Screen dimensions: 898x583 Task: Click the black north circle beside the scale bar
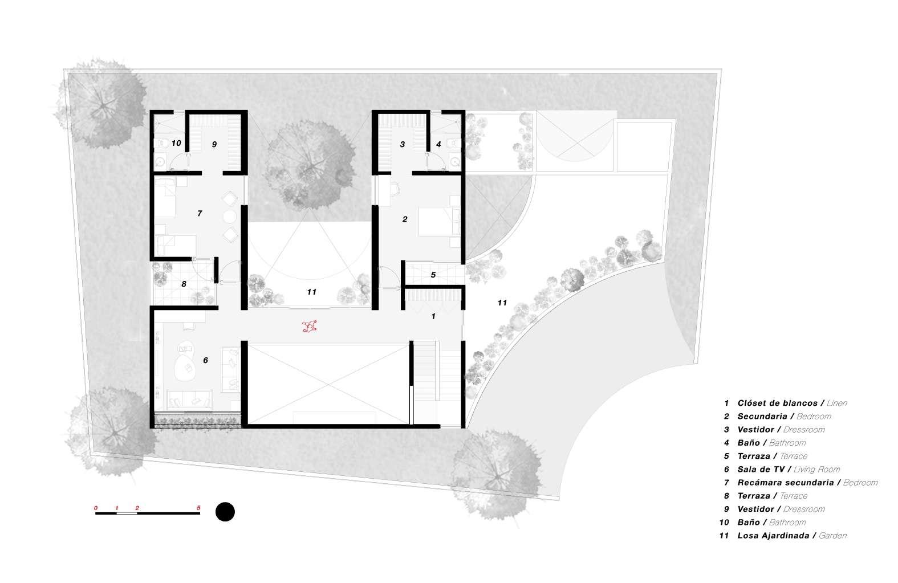(225, 512)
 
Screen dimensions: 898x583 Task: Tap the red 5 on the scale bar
(198, 507)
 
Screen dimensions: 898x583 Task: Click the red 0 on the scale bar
(96, 507)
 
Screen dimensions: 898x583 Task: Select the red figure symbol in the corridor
(310, 326)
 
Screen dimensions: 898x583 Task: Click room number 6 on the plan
(205, 360)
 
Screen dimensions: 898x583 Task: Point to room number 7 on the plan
(199, 213)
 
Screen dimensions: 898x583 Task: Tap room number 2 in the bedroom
(405, 219)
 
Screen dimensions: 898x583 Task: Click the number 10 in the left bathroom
(176, 143)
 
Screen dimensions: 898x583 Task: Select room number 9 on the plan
(214, 145)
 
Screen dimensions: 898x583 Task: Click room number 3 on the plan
(402, 145)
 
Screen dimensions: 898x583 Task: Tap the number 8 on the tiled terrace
(184, 284)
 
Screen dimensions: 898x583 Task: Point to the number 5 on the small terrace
(433, 275)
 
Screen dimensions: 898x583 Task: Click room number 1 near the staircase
(433, 316)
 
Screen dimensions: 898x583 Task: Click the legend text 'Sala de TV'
(761, 470)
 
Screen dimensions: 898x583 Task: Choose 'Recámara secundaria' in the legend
(786, 483)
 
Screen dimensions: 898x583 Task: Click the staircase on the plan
(425, 370)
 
